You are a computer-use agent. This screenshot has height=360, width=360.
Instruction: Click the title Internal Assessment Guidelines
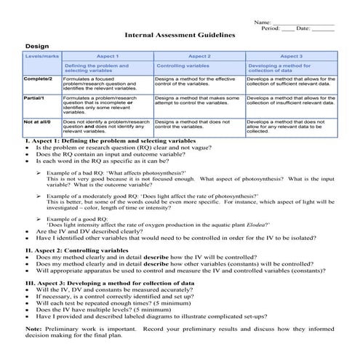(x=180, y=34)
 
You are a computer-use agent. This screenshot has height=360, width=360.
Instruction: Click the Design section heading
(x=36, y=45)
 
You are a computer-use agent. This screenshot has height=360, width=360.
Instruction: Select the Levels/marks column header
(x=41, y=56)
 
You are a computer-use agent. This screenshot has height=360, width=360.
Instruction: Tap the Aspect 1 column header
(x=107, y=56)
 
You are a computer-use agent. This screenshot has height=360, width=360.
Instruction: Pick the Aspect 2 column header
(x=199, y=56)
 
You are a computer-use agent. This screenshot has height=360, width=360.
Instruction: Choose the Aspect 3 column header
(x=291, y=56)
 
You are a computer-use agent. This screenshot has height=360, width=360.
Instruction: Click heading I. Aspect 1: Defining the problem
(x=111, y=140)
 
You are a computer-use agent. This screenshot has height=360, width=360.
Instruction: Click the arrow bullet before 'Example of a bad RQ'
(x=39, y=172)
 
